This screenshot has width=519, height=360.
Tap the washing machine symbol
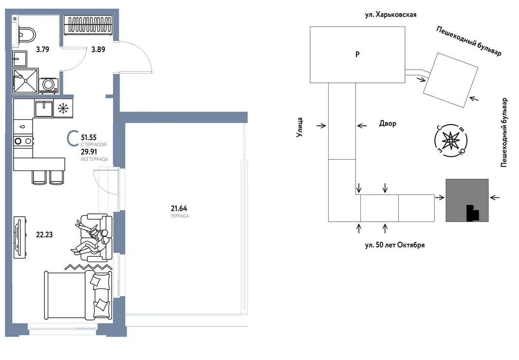point(48,85)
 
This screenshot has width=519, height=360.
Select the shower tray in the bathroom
point(26,80)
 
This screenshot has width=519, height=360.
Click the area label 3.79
point(43,49)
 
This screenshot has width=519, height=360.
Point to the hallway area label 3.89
point(98,49)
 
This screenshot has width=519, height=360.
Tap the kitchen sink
point(44,108)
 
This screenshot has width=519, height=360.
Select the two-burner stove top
point(23,141)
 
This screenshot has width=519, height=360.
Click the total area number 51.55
point(89,137)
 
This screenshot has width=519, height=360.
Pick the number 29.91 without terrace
point(89,152)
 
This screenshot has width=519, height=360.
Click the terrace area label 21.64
point(179,208)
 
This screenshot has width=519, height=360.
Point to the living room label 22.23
point(44,234)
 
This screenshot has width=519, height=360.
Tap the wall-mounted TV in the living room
point(19,237)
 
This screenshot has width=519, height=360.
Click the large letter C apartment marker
point(73,139)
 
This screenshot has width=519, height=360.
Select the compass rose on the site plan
point(450,141)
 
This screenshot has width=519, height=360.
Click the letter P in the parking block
point(357,54)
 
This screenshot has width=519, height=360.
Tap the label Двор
point(388,124)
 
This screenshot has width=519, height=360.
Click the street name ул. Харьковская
point(390,15)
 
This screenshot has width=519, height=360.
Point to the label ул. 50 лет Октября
point(394,245)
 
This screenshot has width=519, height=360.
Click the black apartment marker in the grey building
point(472,213)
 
